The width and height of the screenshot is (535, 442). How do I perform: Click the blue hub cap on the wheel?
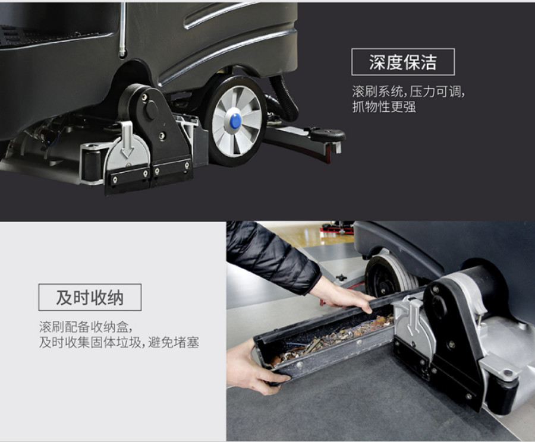235,121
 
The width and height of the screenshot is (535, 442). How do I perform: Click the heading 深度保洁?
402,62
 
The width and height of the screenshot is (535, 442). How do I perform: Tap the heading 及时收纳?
90,298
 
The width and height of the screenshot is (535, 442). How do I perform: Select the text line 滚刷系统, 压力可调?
408,91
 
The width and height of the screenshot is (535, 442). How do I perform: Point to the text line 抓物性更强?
384,107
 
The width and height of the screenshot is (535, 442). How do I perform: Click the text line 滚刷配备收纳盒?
85,327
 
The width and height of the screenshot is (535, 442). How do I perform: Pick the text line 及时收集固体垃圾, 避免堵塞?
119,342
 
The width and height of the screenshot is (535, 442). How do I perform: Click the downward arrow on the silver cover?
127,139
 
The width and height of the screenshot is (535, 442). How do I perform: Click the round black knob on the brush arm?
152,110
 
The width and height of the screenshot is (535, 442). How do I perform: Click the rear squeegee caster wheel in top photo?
328,134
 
